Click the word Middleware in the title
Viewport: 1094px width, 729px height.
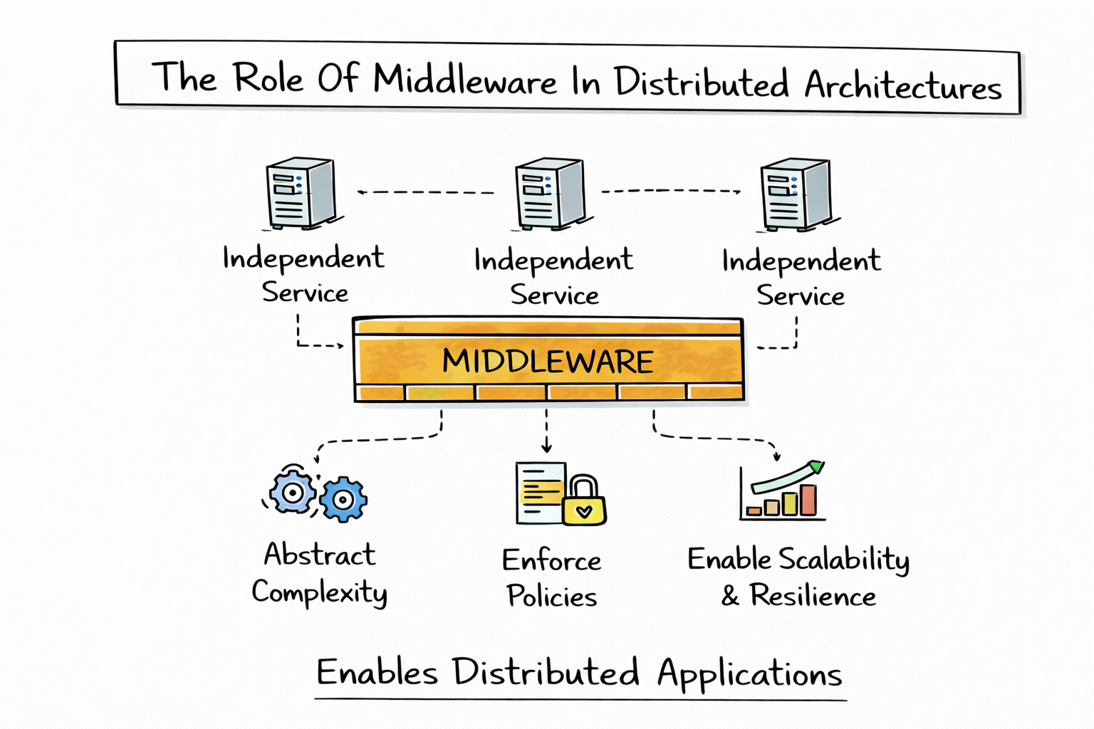pos(464,79)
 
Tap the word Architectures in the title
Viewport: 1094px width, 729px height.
pos(902,86)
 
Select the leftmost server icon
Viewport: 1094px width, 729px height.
pos(300,193)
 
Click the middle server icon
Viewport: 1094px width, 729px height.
pos(549,194)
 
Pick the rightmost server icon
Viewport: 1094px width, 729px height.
pos(795,194)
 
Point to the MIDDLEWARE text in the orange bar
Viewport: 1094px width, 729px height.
pos(547,362)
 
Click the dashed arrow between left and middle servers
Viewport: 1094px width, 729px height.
pos(425,192)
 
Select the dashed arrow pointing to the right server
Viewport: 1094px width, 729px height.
pos(670,191)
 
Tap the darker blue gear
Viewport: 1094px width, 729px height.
pos(343,499)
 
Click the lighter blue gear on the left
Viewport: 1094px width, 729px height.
pos(292,492)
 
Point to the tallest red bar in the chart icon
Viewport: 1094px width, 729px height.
pos(808,500)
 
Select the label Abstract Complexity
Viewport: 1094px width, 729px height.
pos(319,573)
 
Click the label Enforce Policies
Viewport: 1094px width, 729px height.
pos(551,578)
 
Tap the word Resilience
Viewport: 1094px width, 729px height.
pos(813,596)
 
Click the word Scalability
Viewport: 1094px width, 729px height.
pos(843,560)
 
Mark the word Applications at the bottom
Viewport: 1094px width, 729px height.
pos(749,674)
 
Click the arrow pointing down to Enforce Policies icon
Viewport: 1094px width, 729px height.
pos(546,431)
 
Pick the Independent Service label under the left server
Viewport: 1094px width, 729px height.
pos(303,275)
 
